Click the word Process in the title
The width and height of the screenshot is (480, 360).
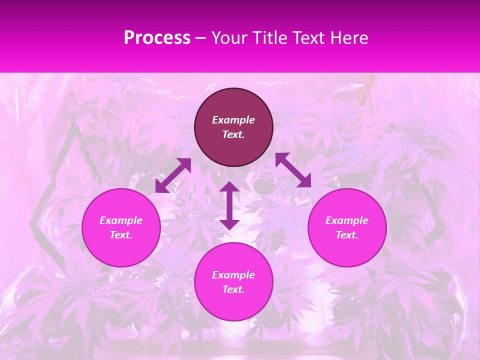click(157, 38)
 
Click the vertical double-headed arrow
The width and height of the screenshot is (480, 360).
click(229, 205)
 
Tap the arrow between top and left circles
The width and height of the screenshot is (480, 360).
click(173, 175)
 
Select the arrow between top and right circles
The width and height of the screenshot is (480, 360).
click(293, 170)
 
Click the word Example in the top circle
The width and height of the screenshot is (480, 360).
click(233, 120)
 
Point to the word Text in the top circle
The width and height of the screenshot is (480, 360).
click(233, 134)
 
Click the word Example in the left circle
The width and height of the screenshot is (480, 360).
click(121, 220)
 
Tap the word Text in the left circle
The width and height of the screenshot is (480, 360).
click(121, 235)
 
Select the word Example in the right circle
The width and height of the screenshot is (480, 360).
click(347, 220)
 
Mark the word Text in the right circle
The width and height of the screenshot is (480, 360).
click(347, 235)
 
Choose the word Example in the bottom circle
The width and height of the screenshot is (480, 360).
click(233, 275)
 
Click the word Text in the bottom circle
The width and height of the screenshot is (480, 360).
click(233, 289)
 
